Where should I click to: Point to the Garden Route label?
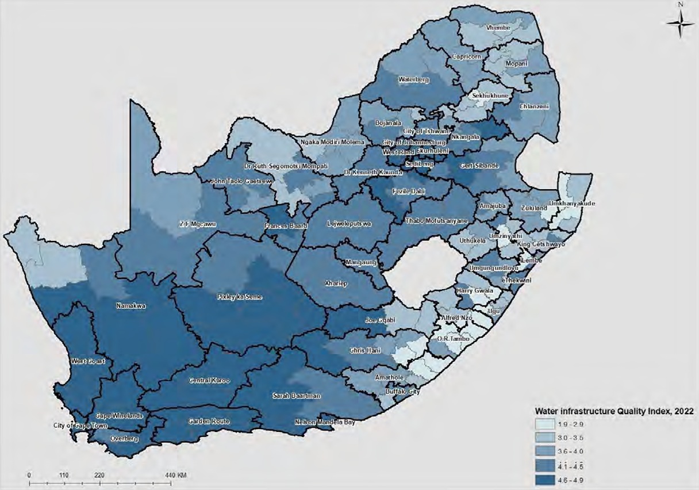coord(209,422)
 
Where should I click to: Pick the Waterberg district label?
coord(414,80)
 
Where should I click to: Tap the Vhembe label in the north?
coord(498,27)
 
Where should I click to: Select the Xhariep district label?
coord(321,284)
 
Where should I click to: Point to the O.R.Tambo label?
coord(454,339)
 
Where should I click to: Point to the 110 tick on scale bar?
coord(64,476)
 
